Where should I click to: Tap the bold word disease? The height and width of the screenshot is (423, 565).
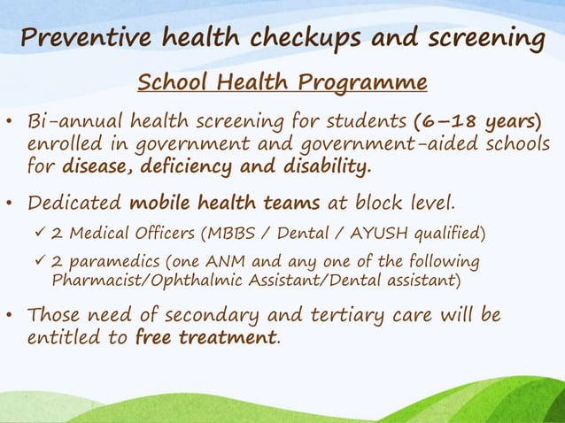tap(97, 166)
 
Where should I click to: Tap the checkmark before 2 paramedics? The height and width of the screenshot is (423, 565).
tap(37, 263)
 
